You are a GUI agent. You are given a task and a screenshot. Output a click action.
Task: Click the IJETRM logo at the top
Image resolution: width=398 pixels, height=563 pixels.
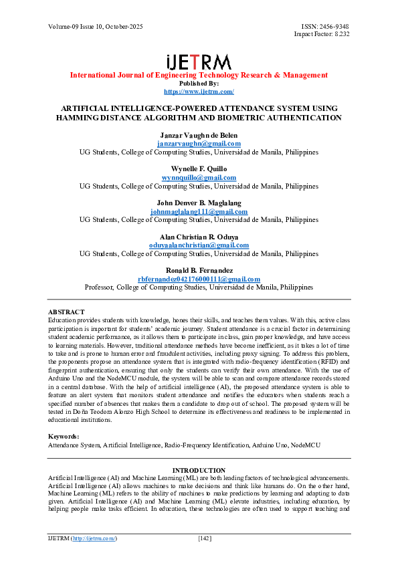199,61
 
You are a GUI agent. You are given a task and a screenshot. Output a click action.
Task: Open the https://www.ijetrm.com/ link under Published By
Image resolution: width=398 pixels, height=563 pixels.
199,91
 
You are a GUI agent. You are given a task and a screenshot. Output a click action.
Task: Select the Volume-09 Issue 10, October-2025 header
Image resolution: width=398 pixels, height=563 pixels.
95,27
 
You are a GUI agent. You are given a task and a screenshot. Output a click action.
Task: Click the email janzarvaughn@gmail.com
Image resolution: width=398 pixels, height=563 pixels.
199,144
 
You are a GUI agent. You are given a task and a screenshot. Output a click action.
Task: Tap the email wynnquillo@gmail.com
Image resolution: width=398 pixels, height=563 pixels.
199,178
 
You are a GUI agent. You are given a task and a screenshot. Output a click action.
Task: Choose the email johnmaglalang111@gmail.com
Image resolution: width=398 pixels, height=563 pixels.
199,212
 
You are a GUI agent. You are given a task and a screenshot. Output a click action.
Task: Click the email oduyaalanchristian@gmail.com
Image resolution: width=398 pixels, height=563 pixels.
199,245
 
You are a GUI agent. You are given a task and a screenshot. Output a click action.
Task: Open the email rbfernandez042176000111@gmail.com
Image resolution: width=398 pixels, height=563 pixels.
199,279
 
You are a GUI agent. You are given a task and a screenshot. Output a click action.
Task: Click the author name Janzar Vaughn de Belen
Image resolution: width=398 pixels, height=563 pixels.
199,136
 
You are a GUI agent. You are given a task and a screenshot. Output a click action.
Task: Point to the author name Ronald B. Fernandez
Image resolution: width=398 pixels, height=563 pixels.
199,271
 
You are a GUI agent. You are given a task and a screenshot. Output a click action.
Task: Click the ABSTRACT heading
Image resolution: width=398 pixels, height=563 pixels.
66,312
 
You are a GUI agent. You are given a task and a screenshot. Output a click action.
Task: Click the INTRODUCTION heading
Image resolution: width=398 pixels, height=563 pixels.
199,470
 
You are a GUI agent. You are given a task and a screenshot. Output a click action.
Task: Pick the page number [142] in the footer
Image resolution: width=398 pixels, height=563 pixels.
205,538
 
